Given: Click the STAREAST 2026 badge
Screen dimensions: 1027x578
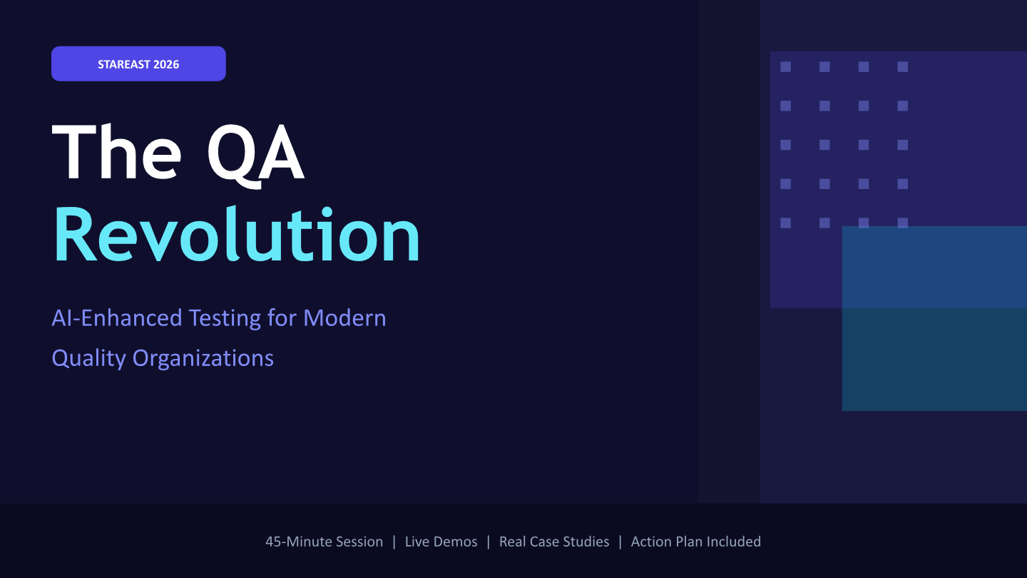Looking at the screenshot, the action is pos(138,64).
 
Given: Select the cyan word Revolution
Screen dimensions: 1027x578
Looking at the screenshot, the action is pos(237,234).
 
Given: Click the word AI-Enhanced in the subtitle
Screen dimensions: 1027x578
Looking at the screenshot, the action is pos(117,318).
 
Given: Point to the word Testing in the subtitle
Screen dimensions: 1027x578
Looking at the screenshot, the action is pos(225,319).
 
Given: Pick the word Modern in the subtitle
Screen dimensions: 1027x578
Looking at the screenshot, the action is pos(344,318).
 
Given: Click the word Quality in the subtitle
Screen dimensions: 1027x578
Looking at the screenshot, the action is pos(88,359).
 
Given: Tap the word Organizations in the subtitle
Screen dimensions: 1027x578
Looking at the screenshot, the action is pos(203,359).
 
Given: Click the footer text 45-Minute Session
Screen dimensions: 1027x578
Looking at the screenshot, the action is pos(324,542).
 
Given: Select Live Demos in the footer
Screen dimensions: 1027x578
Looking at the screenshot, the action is pos(441,542).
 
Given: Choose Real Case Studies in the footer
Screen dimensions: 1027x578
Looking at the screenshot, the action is pos(554,542).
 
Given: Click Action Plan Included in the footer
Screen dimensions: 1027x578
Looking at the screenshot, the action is pos(696,542).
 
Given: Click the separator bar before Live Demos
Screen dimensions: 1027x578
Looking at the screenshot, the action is pos(394,542).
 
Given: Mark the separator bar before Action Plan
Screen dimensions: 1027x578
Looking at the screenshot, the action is pos(620,542).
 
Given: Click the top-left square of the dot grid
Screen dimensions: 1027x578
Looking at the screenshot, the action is pos(785,67).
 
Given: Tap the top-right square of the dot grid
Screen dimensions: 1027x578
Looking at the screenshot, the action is pos(903,67).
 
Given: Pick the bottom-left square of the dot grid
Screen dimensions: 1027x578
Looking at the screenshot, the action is pos(785,223).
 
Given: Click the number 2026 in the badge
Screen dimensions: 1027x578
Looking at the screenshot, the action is pos(166,64).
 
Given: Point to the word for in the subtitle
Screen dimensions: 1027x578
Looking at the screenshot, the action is pos(282,318).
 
